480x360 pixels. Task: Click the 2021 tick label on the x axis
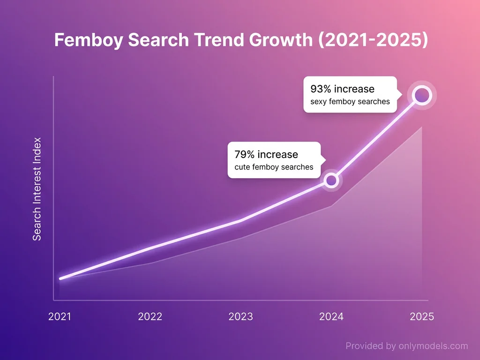tap(60, 317)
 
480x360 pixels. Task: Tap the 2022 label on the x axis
tap(150, 317)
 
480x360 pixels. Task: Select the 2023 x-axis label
tap(240, 317)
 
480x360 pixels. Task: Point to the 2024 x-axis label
tap(331, 317)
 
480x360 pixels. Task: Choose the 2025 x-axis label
tap(422, 317)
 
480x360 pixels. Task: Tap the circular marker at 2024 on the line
tap(331, 180)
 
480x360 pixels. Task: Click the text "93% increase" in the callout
tap(342, 89)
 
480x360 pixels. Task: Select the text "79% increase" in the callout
tap(266, 155)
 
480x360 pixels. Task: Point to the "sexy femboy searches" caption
tap(350, 102)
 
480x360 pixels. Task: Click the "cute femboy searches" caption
tap(274, 167)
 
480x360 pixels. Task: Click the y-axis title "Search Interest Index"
tap(37, 189)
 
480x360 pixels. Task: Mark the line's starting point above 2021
tap(60, 279)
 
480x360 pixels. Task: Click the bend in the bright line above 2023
tap(241, 220)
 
